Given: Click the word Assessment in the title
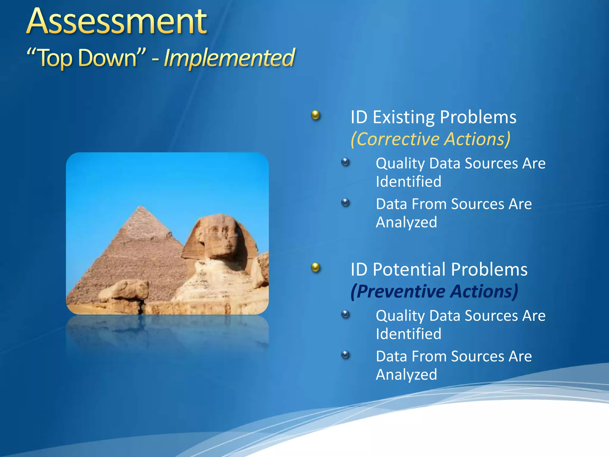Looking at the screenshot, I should [117, 21].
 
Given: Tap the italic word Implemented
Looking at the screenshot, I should [229, 58].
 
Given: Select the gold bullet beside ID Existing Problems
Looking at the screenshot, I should [315, 115].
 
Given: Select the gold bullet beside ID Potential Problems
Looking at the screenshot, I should [315, 267].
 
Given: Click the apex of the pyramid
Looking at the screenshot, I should [141, 206].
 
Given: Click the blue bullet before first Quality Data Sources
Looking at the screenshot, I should [345, 162].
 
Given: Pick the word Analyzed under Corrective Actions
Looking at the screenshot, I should [406, 222].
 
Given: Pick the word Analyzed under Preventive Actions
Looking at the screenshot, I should [406, 375].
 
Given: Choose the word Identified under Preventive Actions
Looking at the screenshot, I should [408, 334].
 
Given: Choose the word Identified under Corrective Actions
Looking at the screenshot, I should [408, 181].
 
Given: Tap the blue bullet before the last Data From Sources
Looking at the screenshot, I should [345, 355].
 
